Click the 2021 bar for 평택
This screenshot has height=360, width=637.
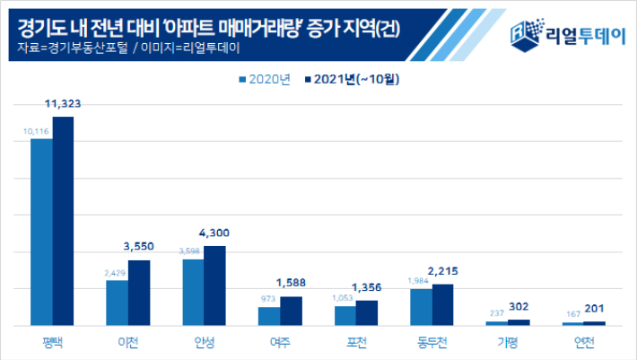[x=63, y=221]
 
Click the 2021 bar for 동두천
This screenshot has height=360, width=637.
[x=443, y=304]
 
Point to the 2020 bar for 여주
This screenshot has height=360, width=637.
[x=269, y=316]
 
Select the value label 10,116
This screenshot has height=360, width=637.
[x=36, y=131]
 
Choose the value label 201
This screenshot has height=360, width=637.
[x=596, y=309]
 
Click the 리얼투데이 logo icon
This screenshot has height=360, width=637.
[x=522, y=31]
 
